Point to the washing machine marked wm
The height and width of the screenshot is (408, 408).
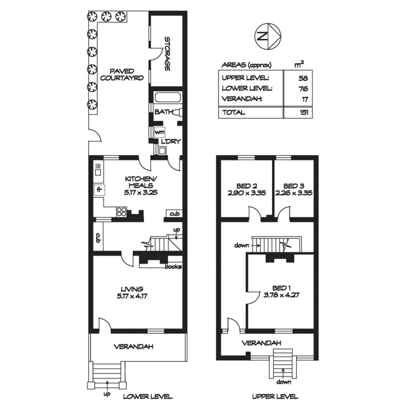[x=159, y=132]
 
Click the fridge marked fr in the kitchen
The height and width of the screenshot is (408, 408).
[x=99, y=190]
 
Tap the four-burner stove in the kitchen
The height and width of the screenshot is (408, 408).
[x=121, y=212]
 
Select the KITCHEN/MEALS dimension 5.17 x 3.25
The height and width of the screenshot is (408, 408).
[x=139, y=192]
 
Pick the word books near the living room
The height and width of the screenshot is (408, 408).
[x=173, y=266]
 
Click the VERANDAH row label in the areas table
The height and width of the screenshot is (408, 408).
[x=242, y=99]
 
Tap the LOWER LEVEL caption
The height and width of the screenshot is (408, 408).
[x=147, y=397]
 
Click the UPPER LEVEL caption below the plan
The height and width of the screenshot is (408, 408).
[x=275, y=397]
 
